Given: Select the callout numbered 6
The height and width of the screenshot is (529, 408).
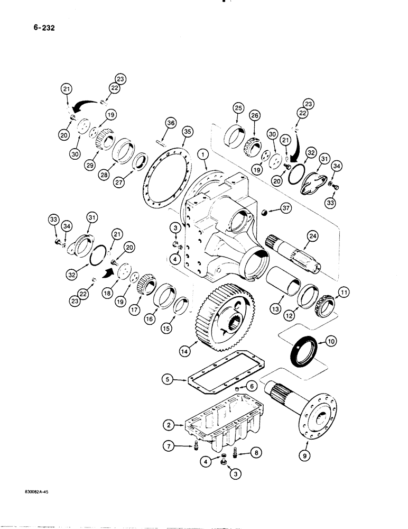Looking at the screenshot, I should pos(252,387).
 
